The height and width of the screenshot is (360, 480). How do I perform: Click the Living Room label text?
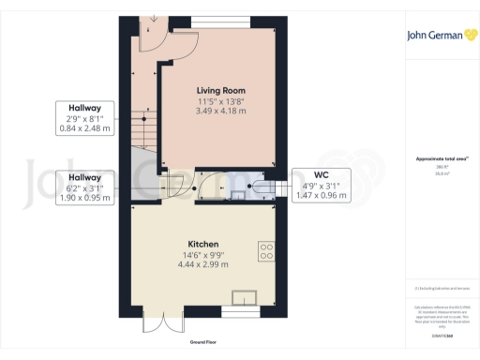coord(221,90)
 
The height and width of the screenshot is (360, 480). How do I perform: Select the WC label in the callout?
coord(321,174)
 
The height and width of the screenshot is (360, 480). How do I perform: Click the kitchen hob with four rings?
coord(266,250)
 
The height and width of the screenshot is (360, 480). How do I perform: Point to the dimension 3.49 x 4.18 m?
coord(221,111)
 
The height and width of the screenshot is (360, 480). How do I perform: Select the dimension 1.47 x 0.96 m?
coord(321,196)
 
